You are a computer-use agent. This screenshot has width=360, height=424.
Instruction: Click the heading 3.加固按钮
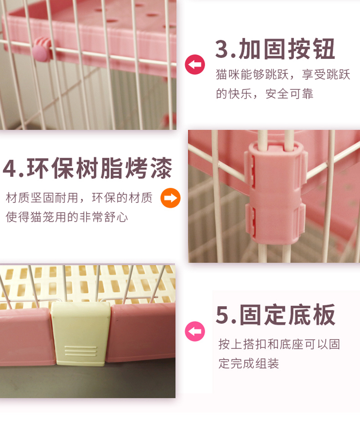275,50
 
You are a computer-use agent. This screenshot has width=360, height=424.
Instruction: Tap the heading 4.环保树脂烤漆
87,169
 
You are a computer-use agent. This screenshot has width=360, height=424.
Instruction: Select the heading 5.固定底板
275,315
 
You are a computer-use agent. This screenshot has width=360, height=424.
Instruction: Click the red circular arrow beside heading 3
195,65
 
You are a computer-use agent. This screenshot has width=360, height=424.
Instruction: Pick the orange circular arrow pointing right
170,198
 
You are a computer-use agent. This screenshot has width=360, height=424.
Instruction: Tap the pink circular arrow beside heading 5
195,331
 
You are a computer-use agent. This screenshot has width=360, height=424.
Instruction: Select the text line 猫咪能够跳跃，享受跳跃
283,75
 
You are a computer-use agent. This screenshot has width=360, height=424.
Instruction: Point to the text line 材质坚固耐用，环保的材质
79,198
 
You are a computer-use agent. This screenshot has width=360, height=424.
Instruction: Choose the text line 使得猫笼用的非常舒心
67,217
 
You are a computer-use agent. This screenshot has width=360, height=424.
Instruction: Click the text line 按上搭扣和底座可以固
279,344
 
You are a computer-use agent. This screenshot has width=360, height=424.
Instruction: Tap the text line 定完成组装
248,364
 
